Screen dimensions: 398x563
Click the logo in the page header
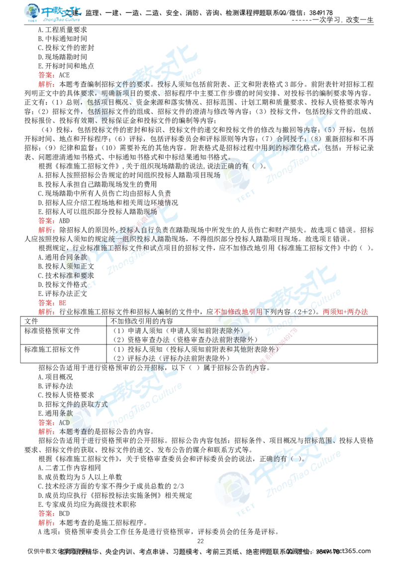click(53, 14)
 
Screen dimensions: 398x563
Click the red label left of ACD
click(46, 423)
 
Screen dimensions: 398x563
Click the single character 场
click(216, 175)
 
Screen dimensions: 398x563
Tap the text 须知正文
click(79, 266)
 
